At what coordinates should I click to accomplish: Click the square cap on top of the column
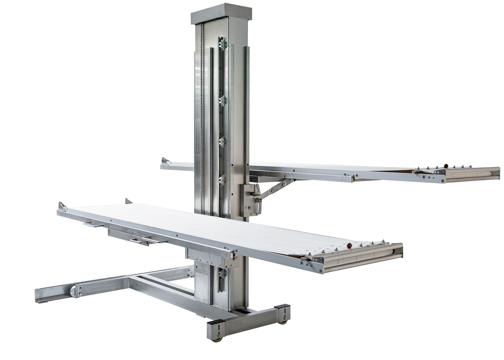(x=222, y=13)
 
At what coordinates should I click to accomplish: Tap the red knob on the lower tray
(x=349, y=245)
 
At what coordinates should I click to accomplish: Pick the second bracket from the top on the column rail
(x=222, y=101)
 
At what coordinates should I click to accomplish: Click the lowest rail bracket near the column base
(x=221, y=275)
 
